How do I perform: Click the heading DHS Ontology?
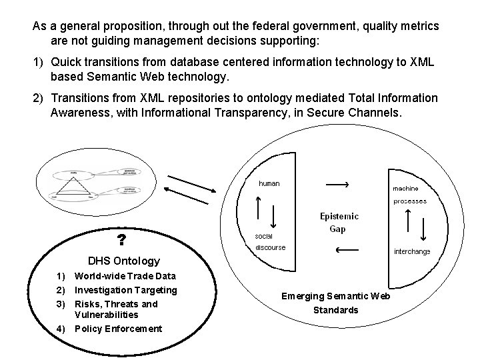(124, 261)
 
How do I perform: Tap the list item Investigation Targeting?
(126, 290)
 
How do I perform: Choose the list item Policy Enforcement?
(118, 329)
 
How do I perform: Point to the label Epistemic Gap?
(339, 223)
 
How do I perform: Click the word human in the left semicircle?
(269, 183)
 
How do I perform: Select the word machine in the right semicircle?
(405, 189)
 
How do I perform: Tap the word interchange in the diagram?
(412, 251)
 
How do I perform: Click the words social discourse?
(269, 241)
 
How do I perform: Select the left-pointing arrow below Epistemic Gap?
(347, 251)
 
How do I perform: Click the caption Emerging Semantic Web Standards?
(335, 303)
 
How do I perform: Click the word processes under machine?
(409, 201)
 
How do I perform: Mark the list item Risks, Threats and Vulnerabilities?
(116, 309)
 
